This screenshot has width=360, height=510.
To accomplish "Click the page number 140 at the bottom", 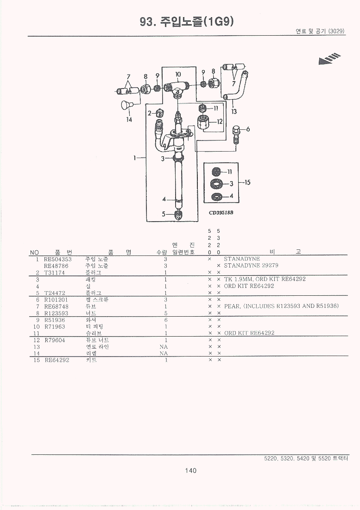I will [x=190, y=471].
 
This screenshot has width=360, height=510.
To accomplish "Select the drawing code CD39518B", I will [x=221, y=212].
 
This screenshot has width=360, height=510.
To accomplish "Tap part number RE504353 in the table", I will [x=58, y=259].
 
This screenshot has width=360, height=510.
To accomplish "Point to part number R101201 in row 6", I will [x=56, y=300].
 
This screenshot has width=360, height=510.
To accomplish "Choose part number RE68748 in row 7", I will [x=56, y=306].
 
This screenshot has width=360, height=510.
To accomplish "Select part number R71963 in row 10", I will [x=55, y=326].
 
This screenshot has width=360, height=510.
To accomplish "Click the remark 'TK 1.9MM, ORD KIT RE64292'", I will [x=265, y=279].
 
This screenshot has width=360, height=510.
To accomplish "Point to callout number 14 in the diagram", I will [x=129, y=120].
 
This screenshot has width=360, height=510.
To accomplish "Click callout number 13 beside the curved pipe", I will [x=234, y=111].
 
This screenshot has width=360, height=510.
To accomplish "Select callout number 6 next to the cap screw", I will [x=248, y=129].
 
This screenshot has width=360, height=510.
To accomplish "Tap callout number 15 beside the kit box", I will [x=247, y=182].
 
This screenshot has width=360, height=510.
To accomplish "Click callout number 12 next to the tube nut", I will [x=219, y=121].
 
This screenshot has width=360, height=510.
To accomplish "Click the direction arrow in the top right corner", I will [x=329, y=59].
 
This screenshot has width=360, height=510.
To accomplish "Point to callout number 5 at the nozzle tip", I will [x=163, y=214].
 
